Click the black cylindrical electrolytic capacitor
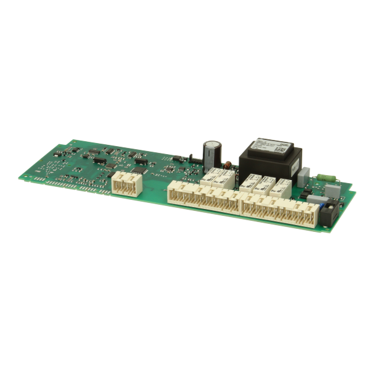click(x=213, y=154)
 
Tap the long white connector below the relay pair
click(x=203, y=199)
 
